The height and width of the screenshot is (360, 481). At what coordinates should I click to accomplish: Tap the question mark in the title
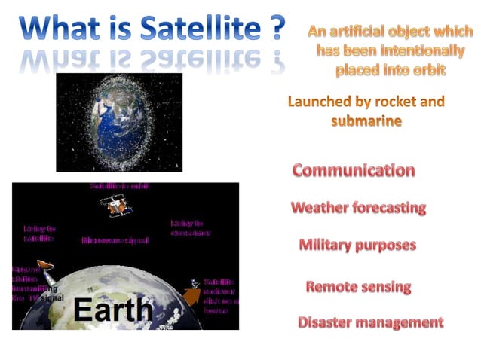point(276,29)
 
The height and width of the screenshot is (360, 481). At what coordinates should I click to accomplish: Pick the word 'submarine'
point(366,121)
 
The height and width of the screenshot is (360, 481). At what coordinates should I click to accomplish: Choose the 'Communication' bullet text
point(353,170)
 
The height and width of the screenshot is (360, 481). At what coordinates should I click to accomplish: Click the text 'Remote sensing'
point(358,287)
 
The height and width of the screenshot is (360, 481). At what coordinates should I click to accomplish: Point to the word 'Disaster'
point(326,322)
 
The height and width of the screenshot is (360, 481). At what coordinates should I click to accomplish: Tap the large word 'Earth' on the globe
point(112,310)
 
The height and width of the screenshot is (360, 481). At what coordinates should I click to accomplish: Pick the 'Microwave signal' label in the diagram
point(114,240)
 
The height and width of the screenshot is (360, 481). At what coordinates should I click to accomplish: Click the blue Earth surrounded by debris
point(118,122)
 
